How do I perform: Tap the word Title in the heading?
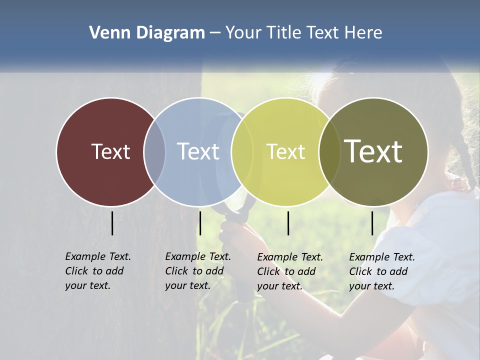click(x=285, y=33)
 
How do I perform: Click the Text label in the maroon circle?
click(x=110, y=151)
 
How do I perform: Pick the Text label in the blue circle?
click(x=198, y=151)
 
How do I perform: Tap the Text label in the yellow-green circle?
click(x=285, y=151)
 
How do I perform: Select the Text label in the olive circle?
click(x=373, y=151)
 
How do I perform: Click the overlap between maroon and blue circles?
click(x=154, y=151)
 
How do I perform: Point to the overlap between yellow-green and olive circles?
click(x=328, y=151)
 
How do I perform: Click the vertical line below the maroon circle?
click(x=112, y=223)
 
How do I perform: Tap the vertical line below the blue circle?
click(x=200, y=223)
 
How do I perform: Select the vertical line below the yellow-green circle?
click(x=288, y=223)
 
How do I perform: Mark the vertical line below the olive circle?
click(x=372, y=223)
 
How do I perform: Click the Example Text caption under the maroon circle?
click(x=97, y=271)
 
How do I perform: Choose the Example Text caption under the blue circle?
click(x=197, y=271)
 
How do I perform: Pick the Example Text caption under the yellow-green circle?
click(x=289, y=271)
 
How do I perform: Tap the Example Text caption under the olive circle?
click(x=381, y=271)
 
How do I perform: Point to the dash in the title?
click(x=215, y=33)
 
